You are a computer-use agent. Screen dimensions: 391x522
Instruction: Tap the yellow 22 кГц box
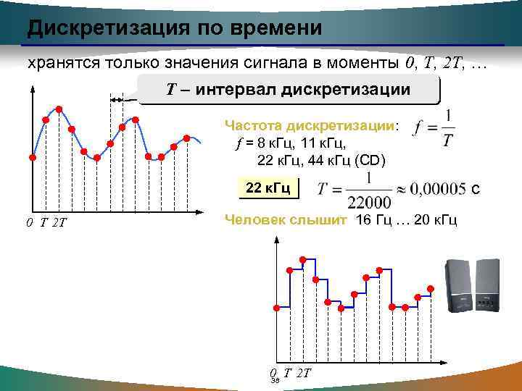pyautogui.click(x=268, y=189)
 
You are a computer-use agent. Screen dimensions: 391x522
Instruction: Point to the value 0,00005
pyautogui.click(x=439, y=189)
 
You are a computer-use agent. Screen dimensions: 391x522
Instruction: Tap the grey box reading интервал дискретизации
pyautogui.click(x=290, y=90)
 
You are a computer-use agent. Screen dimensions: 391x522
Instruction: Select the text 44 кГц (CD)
pyautogui.click(x=347, y=159)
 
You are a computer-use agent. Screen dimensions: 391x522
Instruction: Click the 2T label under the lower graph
pyautogui.click(x=304, y=374)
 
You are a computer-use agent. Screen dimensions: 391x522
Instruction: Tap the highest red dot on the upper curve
pyautogui.click(x=59, y=109)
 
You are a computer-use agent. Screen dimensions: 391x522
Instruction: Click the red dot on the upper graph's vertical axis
pyautogui.click(x=33, y=157)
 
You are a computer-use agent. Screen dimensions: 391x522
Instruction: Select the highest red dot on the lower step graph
pyautogui.click(x=302, y=258)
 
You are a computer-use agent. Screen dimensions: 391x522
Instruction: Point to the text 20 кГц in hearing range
pyautogui.click(x=436, y=219)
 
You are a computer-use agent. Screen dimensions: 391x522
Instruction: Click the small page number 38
pyautogui.click(x=275, y=381)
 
